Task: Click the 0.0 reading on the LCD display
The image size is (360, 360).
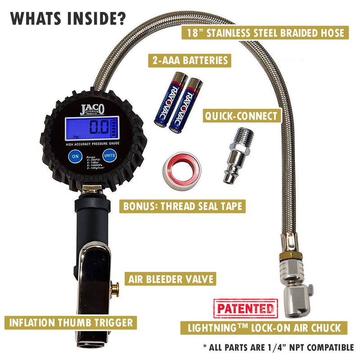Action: tap(98, 128)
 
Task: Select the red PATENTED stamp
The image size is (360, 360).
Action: tap(245, 309)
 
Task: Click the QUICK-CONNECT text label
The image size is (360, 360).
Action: tap(241, 116)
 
